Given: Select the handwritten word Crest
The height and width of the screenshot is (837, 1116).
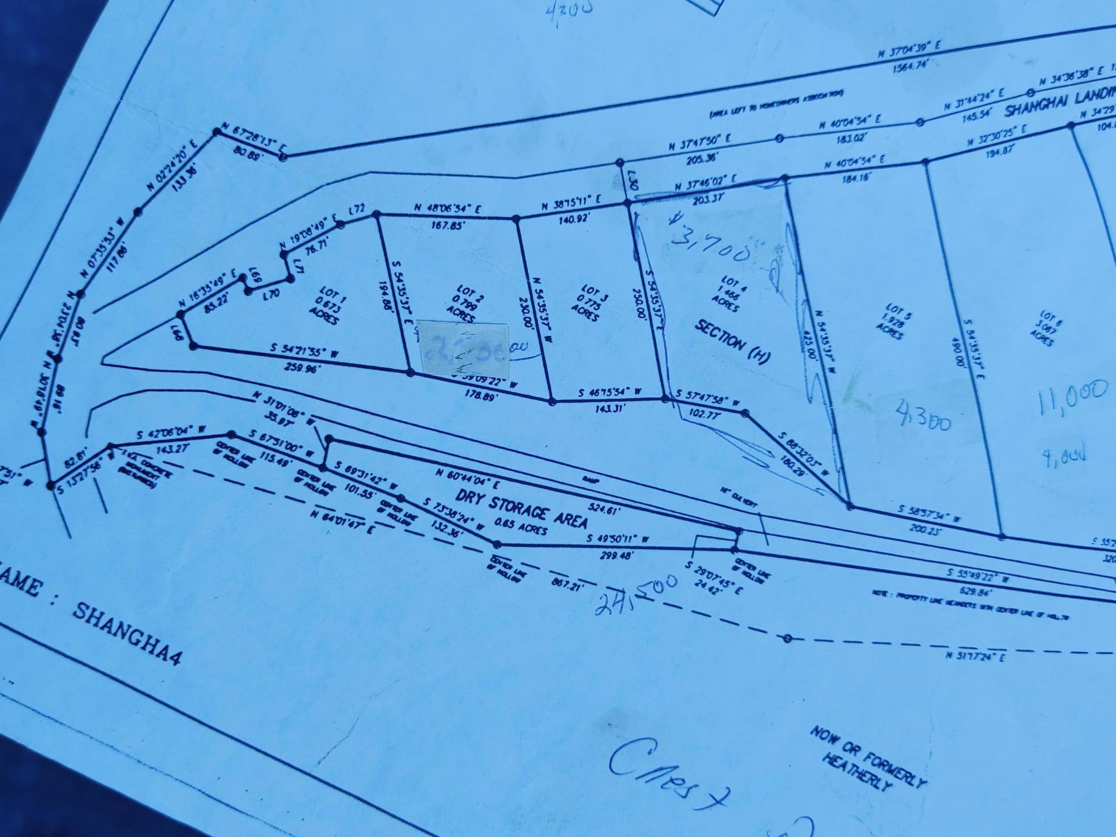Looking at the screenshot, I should click(664, 773).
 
